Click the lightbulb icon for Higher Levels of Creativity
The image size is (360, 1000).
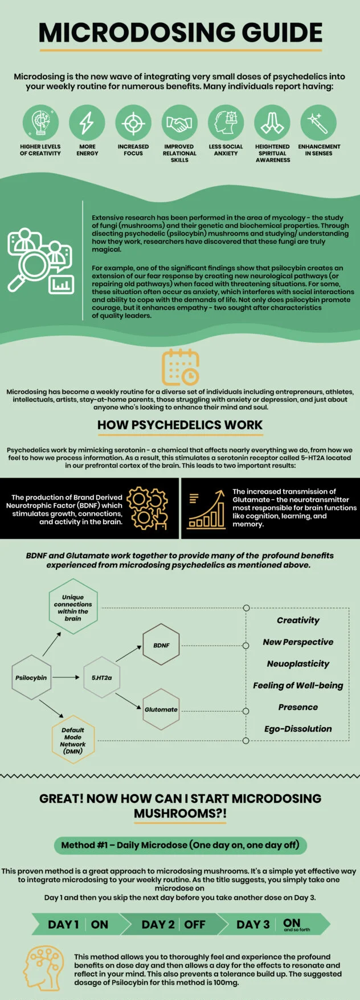point(40,123)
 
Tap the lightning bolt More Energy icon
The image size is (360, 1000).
point(87,123)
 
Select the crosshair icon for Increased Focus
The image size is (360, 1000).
point(133,123)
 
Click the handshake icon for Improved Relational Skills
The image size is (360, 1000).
point(179,123)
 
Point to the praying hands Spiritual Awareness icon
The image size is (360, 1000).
point(272,123)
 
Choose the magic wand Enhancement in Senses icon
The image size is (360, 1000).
point(318,123)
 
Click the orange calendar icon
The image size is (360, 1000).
point(181,367)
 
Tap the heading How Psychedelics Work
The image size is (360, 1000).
point(180,425)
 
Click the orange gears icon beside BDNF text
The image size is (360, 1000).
point(148,508)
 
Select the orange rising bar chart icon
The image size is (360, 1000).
point(206,509)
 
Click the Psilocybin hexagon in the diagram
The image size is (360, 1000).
point(31,677)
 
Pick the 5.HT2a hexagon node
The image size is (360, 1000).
point(102,677)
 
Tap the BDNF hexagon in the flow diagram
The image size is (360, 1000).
point(161,645)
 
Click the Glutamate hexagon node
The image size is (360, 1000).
point(161,709)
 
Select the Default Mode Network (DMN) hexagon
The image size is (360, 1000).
point(73,740)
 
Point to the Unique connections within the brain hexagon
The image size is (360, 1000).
point(73,607)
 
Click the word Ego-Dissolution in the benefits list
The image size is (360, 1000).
point(298,729)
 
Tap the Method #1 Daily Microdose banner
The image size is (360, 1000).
point(180,845)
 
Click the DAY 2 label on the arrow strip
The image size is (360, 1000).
point(158,924)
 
